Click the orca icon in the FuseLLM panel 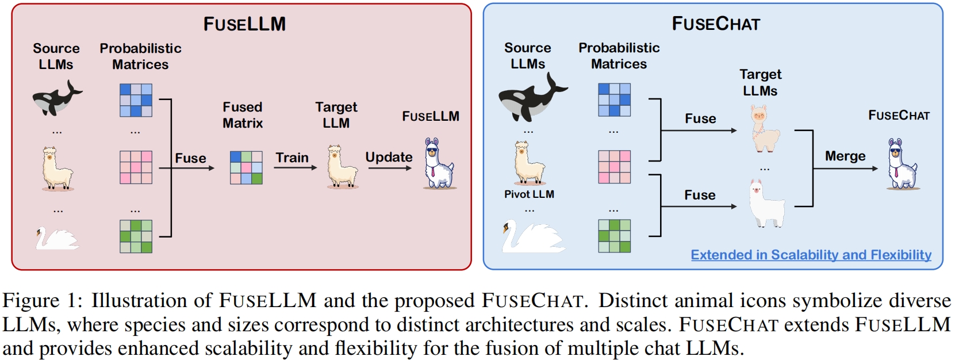[56, 98]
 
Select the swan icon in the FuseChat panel [532, 236]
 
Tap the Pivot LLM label [529, 194]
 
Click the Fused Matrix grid [246, 167]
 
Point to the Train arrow [296, 167]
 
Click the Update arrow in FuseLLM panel [390, 168]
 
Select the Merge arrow [845, 168]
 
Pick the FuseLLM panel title [244, 24]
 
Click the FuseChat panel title [716, 24]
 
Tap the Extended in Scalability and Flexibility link [811, 255]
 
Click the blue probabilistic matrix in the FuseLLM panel [136, 100]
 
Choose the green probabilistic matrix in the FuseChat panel [614, 236]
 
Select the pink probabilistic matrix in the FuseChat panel [614, 167]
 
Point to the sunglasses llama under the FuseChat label [902, 164]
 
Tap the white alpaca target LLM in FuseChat [766, 204]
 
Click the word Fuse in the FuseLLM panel [190, 158]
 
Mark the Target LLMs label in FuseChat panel [760, 82]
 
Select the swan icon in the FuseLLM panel [56, 238]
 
